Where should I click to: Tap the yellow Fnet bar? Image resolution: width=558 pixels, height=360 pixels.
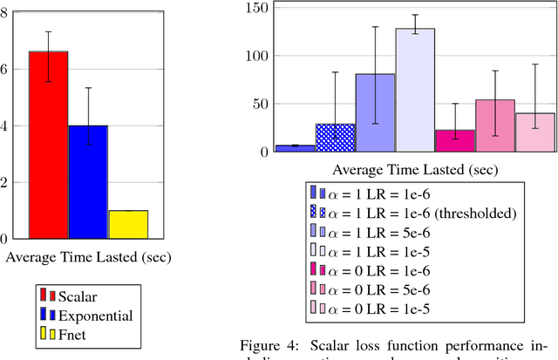coord(128,224)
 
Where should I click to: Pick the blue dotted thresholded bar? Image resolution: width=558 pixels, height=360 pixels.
coord(335,138)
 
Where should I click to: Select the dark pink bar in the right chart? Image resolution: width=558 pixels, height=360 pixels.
coord(454,140)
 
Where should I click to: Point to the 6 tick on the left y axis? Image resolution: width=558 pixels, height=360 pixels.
coord(10,69)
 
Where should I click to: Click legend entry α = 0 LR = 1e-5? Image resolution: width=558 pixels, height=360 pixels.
coord(383,308)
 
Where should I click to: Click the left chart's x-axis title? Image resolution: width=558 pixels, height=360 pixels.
coord(88,257)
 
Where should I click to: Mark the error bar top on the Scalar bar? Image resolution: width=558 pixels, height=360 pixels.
coord(48,31)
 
